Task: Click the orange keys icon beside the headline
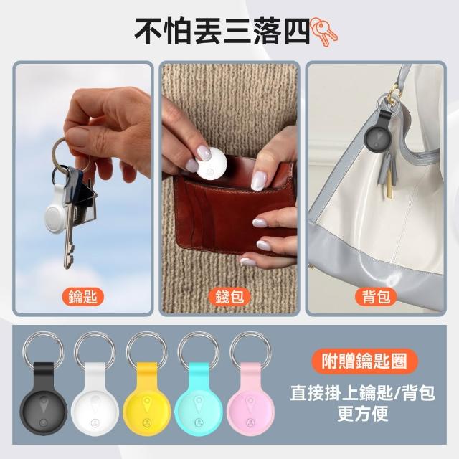tap(323, 32)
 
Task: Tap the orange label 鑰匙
tap(83, 297)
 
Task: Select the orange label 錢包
tap(229, 297)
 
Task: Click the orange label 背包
tap(376, 297)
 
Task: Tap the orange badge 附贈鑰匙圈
tap(364, 361)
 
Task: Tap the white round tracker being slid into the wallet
tap(211, 163)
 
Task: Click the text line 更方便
tap(363, 413)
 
